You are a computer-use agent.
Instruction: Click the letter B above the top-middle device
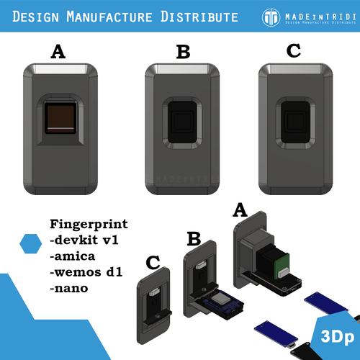coord(183,52)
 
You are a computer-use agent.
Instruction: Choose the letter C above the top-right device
coord(294,52)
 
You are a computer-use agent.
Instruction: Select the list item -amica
coord(71,256)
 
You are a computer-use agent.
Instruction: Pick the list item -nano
coord(68,289)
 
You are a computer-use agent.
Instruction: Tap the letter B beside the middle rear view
coord(194,238)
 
